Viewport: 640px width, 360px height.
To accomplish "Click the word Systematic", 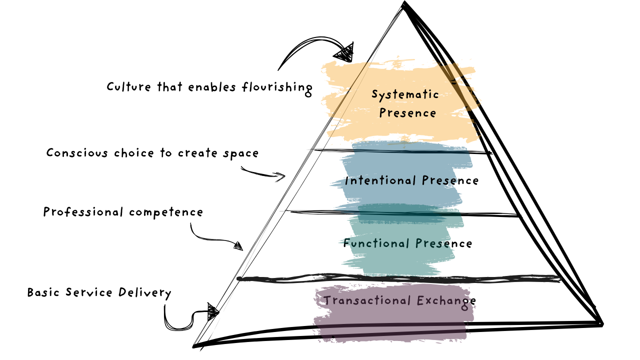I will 405,94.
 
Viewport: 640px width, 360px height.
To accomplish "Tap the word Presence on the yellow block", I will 407,113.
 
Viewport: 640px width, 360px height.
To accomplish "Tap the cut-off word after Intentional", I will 439,180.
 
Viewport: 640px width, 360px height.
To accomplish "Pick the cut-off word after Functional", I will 433,243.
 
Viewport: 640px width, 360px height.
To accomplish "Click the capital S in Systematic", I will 375,94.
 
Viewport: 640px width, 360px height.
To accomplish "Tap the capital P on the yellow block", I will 382,113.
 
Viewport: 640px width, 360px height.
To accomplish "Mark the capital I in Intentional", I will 346,180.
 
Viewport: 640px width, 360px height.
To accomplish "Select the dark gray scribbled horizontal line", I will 400,279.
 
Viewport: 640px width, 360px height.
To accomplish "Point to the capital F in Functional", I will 347,243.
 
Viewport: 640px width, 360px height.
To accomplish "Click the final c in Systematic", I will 435,95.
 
